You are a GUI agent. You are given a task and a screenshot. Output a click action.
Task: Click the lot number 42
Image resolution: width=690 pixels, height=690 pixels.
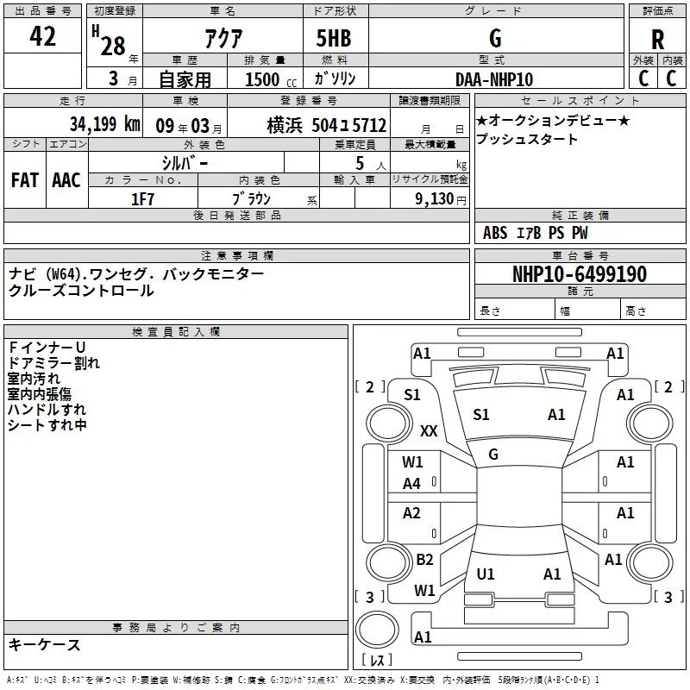[42, 36]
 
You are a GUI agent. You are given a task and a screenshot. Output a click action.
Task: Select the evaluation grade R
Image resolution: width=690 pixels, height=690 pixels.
[658, 40]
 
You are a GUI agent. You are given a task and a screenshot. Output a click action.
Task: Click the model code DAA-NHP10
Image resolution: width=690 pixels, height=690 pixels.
[494, 79]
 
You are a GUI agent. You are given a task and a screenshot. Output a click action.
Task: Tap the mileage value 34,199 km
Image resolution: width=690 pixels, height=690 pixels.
[104, 124]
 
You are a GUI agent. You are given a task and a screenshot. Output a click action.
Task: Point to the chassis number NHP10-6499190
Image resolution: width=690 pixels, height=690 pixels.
[580, 275]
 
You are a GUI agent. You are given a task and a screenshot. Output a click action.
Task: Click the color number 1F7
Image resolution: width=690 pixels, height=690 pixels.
[142, 198]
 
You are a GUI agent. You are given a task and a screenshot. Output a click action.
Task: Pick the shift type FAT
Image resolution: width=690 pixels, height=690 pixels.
[24, 179]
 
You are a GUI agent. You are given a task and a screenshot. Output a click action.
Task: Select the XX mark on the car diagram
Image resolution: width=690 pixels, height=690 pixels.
[429, 430]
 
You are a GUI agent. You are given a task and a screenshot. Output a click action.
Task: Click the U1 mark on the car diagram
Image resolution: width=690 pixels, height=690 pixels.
[486, 574]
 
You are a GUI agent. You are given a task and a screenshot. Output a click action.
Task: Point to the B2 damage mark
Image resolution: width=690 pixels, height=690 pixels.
[424, 560]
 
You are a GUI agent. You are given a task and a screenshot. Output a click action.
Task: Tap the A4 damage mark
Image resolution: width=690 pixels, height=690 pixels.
[412, 484]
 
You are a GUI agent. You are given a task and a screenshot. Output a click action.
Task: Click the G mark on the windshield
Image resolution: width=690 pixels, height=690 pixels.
[493, 454]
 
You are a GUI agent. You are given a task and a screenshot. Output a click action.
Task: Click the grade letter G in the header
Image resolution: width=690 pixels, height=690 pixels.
[494, 39]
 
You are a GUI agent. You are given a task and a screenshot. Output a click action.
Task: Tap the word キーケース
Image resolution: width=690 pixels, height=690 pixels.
[45, 644]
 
